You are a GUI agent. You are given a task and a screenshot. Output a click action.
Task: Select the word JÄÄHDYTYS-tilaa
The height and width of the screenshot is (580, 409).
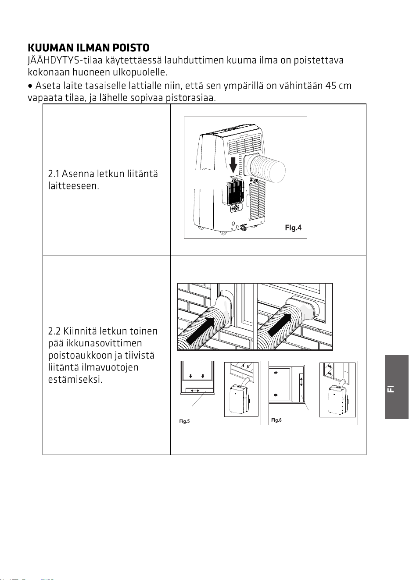click(x=65, y=60)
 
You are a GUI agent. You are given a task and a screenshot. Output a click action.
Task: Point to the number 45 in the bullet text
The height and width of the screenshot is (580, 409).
click(x=330, y=85)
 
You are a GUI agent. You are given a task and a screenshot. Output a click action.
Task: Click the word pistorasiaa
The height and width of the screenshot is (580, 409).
click(x=190, y=98)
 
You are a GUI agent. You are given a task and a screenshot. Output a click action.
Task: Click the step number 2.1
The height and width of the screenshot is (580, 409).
click(x=54, y=174)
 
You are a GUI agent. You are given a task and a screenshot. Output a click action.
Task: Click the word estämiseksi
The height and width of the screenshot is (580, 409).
click(x=75, y=380)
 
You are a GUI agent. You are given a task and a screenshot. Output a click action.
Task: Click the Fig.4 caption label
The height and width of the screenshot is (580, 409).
click(x=293, y=228)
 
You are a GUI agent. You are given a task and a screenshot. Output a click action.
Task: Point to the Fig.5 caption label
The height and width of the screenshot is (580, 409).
click(x=184, y=421)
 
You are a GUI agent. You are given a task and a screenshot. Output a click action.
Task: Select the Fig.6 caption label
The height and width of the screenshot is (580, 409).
click(x=276, y=420)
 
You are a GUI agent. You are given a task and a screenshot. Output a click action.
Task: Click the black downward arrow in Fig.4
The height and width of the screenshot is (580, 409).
click(x=233, y=164)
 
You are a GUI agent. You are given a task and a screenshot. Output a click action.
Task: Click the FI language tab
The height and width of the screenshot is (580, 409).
click(x=397, y=389)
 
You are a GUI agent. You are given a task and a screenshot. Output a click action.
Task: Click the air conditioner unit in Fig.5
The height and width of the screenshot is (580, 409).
click(x=239, y=399)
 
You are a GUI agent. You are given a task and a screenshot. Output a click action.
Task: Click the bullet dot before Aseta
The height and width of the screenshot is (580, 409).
click(x=30, y=86)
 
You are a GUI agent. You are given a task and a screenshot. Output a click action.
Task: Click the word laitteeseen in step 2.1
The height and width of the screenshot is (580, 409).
click(x=74, y=186)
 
